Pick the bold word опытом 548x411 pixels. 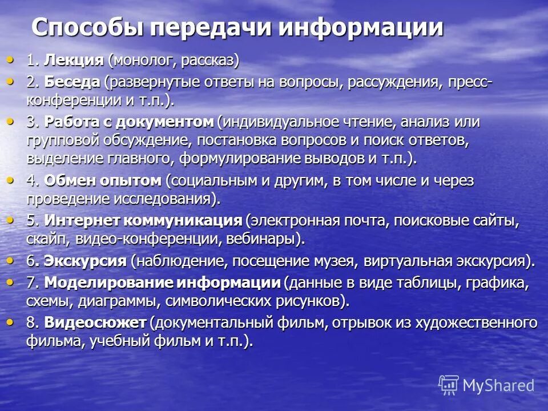pyautogui.click(x=134, y=181)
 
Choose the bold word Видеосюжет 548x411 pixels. pyautogui.click(x=95, y=323)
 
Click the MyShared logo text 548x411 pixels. pyautogui.click(x=498, y=386)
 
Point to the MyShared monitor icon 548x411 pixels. pyautogui.click(x=449, y=385)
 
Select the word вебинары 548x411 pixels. pyautogui.click(x=268, y=239)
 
